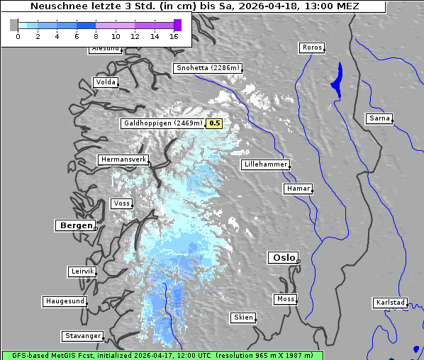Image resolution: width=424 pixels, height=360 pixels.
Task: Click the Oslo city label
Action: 282,257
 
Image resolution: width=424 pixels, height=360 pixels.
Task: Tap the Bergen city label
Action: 75,225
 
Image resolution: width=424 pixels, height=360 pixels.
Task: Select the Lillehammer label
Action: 265,164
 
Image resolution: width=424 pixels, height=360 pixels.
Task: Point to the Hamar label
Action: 297,189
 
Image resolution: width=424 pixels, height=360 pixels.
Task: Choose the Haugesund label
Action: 65,301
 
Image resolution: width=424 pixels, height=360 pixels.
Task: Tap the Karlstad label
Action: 390,303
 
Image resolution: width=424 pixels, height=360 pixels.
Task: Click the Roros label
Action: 311,47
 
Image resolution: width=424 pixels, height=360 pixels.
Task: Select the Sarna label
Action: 379,118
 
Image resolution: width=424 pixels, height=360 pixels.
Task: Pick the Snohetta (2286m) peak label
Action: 208,68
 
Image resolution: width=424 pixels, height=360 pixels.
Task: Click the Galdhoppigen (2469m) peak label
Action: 162,123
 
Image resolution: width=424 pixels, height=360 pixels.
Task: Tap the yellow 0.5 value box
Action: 214,123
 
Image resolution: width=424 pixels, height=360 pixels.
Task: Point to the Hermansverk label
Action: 123,159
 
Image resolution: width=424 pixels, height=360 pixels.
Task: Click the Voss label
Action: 121,203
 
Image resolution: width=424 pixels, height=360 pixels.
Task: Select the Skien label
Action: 242,317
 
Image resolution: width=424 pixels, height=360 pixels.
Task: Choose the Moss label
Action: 285,299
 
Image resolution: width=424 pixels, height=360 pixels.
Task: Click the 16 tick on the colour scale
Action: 174,35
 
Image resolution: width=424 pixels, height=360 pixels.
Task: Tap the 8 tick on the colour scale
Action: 96,35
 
